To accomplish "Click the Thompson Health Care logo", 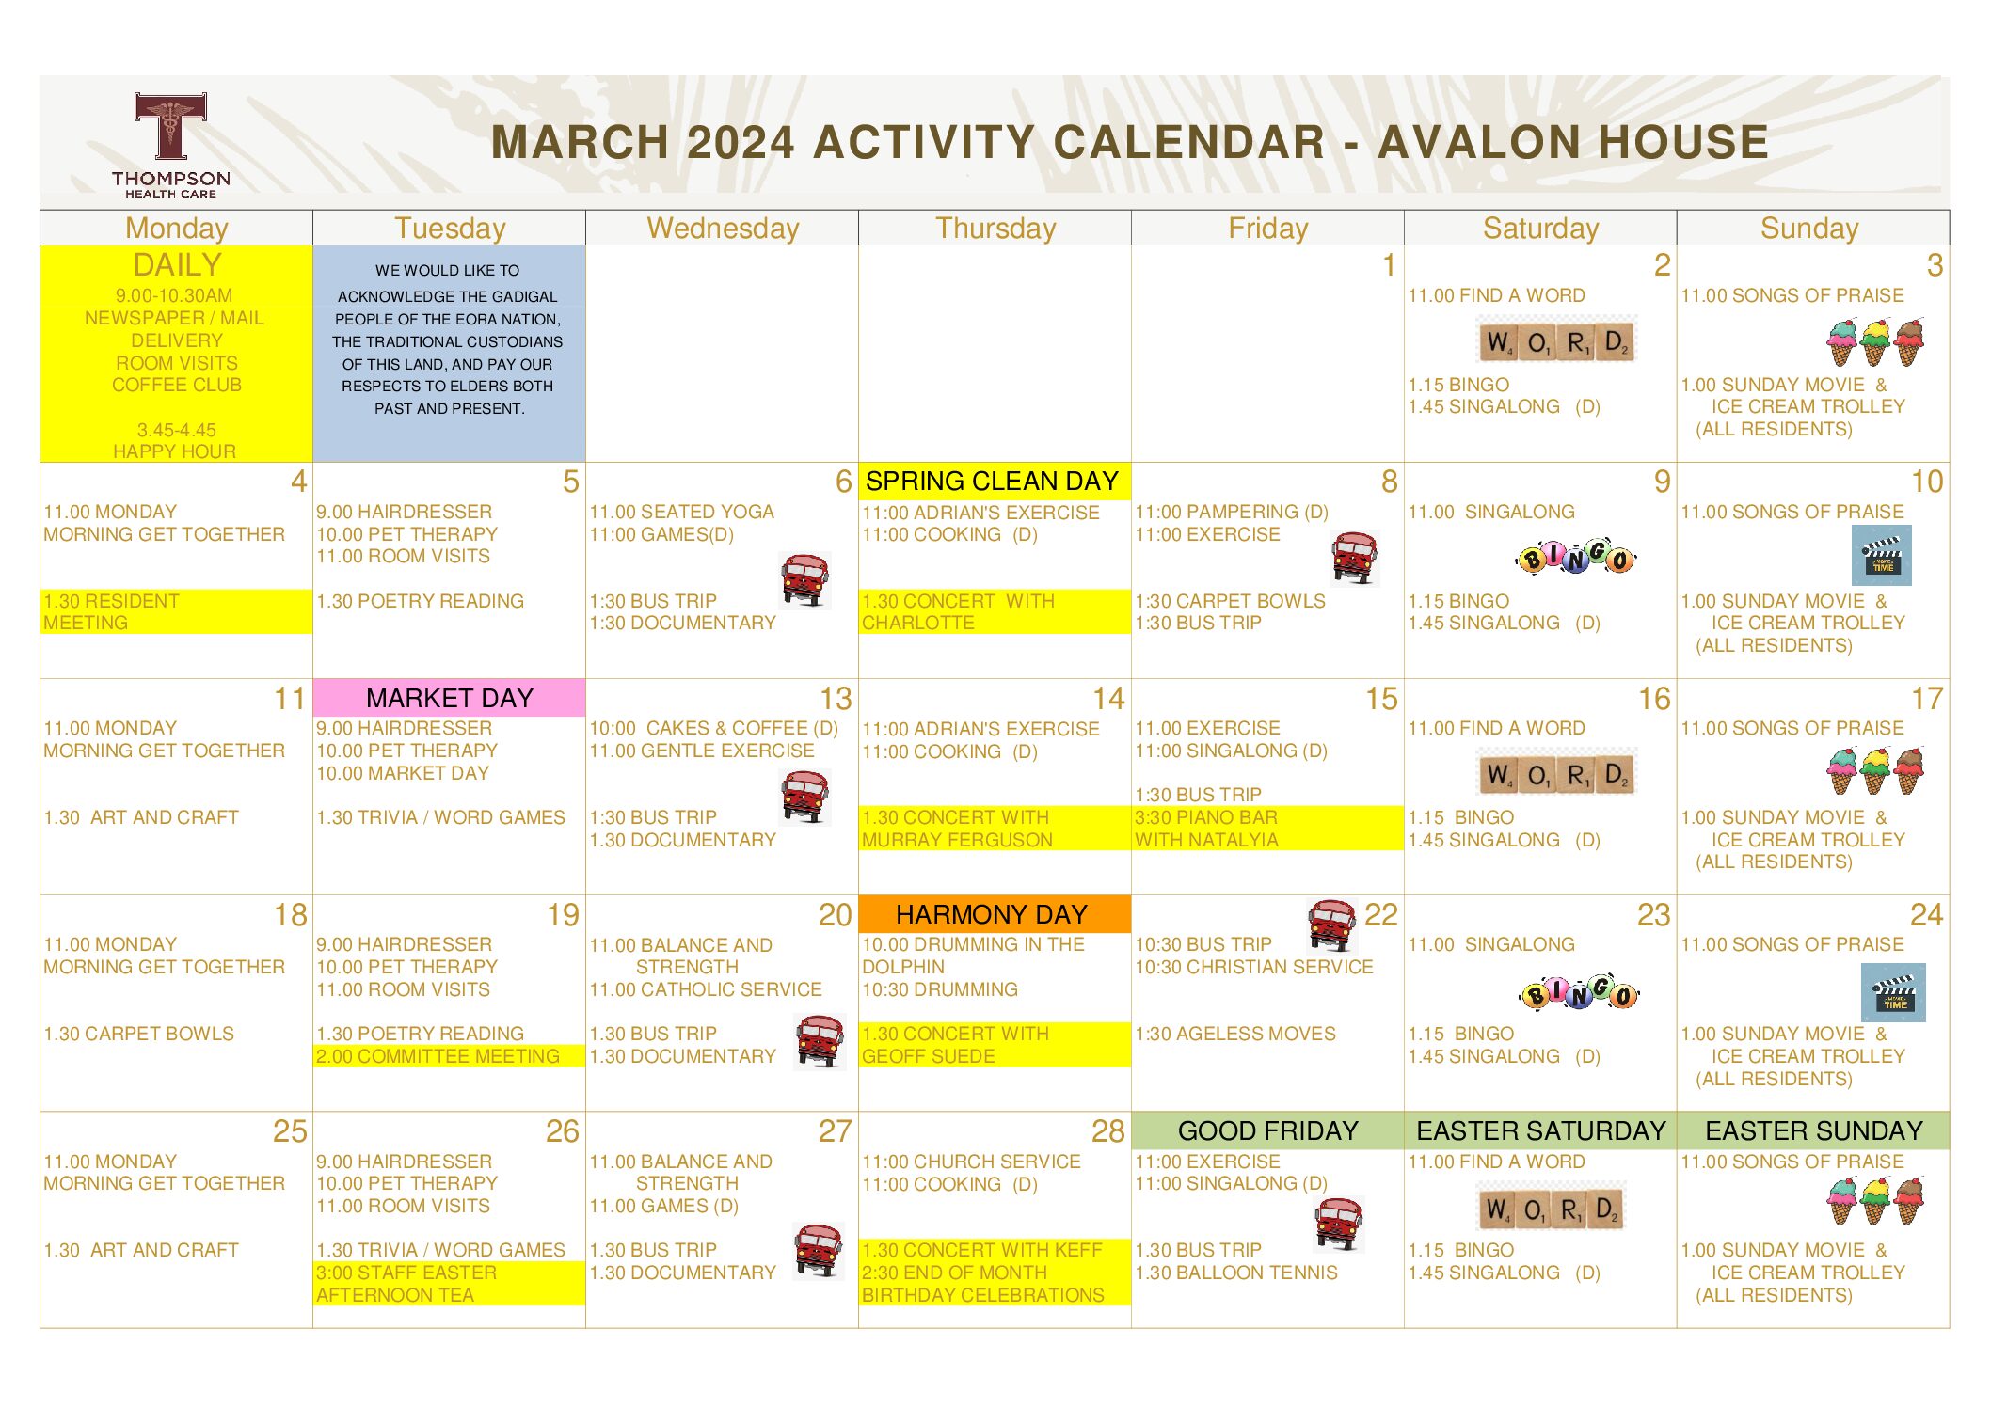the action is pyautogui.click(x=170, y=145).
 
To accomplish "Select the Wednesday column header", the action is pyautogui.click(x=723, y=228).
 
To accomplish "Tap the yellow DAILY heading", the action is pyautogui.click(x=177, y=264).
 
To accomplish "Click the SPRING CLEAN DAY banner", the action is pyautogui.click(x=994, y=481).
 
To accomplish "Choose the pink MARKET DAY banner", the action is pyautogui.click(x=449, y=698).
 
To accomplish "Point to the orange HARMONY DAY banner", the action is pyautogui.click(x=994, y=914).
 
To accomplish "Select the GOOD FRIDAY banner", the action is pyautogui.click(x=1267, y=1130).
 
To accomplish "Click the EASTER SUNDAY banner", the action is pyautogui.click(x=1813, y=1130).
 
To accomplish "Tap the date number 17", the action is pyautogui.click(x=1926, y=699).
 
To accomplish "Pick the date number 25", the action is pyautogui.click(x=290, y=1131).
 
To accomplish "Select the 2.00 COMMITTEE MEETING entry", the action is pyautogui.click(x=438, y=1056).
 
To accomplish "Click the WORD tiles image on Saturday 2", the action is pyautogui.click(x=1556, y=340).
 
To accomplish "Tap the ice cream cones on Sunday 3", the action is pyautogui.click(x=1874, y=342).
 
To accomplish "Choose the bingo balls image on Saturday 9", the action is pyautogui.click(x=1576, y=558).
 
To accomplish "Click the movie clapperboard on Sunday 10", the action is pyautogui.click(x=1882, y=555).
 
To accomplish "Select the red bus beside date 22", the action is pyautogui.click(x=1331, y=925).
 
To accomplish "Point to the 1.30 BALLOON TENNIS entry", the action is pyautogui.click(x=1235, y=1273).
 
